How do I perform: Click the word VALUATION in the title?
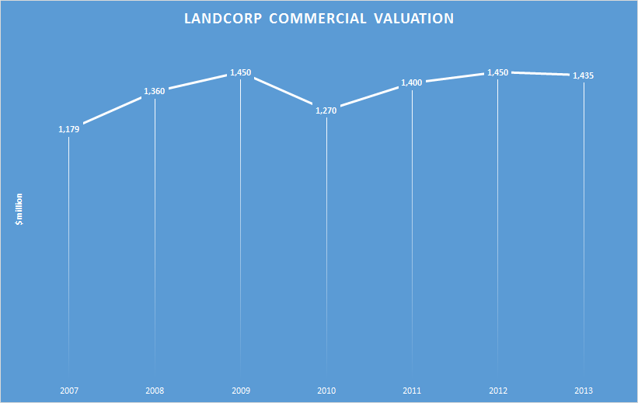pos(417,19)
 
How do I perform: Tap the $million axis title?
pos(20,209)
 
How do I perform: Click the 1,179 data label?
pos(69,129)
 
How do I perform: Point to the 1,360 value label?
pos(155,91)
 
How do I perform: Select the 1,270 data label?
pos(326,110)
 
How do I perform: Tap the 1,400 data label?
pos(412,82)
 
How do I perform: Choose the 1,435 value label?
pos(584,75)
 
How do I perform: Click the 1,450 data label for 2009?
pos(240,72)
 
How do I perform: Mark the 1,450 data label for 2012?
pos(497,72)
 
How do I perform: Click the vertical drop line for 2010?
pos(326,249)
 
